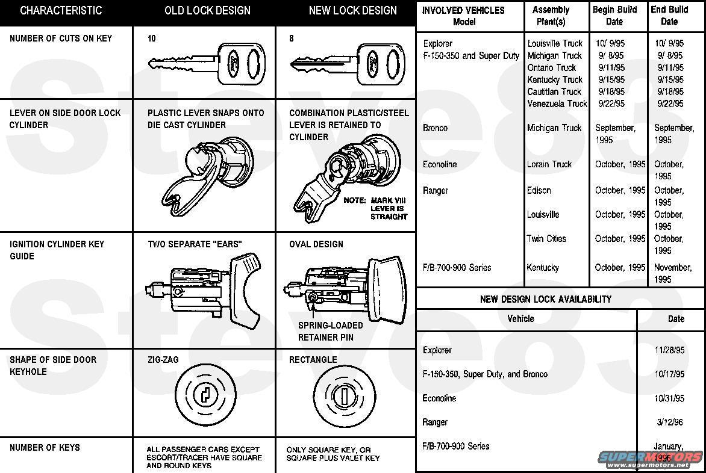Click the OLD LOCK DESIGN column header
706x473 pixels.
pos(207,11)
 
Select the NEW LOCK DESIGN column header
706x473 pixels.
pos(352,11)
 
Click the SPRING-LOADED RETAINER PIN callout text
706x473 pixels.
pos(330,332)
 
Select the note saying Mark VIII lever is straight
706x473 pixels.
pos(375,208)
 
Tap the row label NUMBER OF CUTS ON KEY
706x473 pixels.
pos(61,39)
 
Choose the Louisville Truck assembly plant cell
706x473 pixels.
pos(555,43)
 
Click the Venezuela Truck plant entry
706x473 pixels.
pos(557,104)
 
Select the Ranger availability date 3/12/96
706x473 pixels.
pos(671,422)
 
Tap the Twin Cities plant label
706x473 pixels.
pos(546,239)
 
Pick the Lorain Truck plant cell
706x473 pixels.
pos(549,164)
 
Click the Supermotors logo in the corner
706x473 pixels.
pos(651,459)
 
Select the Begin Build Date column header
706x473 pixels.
pos(614,16)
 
